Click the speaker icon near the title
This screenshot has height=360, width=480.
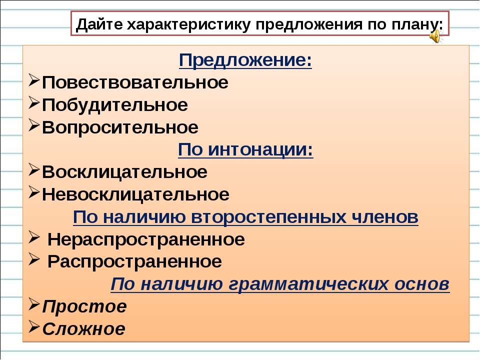(x=436, y=36)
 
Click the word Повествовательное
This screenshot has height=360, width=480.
(x=135, y=82)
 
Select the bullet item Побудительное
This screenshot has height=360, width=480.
(x=115, y=105)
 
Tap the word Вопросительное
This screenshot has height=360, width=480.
(x=120, y=127)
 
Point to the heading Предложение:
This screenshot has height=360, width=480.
(x=245, y=60)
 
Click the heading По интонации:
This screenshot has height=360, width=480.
(x=245, y=149)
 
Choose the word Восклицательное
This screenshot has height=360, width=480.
(x=124, y=172)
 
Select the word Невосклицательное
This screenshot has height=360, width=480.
(x=135, y=194)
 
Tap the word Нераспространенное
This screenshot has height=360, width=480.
(x=146, y=239)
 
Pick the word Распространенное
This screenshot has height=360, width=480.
(x=134, y=261)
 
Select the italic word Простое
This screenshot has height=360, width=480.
(x=84, y=306)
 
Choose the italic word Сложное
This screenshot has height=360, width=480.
(x=83, y=329)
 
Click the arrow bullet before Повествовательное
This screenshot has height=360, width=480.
(x=33, y=81)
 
